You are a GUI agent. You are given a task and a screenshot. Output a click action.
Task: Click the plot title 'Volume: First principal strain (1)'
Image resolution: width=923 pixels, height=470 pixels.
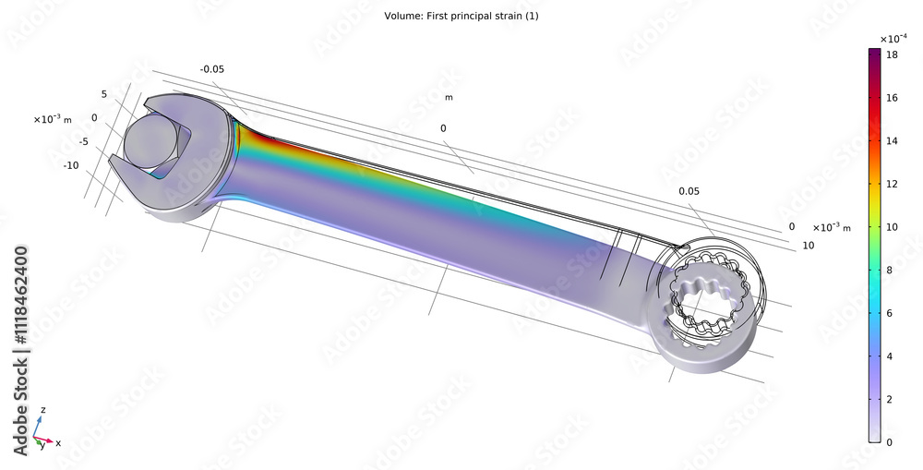[x=461, y=17]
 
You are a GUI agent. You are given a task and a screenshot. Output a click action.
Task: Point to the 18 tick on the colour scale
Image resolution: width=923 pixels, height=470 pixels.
[x=893, y=55]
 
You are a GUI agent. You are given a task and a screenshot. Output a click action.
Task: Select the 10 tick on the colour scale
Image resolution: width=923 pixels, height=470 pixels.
[x=893, y=226]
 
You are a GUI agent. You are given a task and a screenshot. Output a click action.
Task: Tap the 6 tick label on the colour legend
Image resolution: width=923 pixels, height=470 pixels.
[x=892, y=313]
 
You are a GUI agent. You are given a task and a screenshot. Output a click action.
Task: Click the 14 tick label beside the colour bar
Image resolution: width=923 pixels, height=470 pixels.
[x=893, y=140]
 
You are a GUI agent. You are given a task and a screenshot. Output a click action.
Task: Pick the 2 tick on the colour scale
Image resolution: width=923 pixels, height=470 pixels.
[x=892, y=399]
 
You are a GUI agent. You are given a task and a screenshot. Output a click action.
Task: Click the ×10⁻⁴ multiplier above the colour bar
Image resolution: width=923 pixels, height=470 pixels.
[x=892, y=39]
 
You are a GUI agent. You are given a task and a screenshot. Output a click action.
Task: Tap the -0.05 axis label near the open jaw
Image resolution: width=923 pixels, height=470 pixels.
[x=213, y=69]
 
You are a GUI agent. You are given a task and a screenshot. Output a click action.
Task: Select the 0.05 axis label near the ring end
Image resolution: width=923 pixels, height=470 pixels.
[x=689, y=191]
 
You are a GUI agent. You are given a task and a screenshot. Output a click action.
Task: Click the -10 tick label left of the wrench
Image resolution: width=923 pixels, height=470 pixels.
[x=71, y=165]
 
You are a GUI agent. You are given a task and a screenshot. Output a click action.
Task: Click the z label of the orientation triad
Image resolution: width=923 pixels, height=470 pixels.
[x=43, y=409]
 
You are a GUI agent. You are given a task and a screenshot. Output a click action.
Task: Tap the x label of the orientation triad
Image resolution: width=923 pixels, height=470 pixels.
[x=58, y=443]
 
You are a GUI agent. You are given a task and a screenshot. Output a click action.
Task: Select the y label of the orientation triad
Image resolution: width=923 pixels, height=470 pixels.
[x=41, y=446]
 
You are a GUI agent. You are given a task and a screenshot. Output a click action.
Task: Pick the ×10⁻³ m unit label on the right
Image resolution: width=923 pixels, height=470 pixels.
[x=831, y=227]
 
